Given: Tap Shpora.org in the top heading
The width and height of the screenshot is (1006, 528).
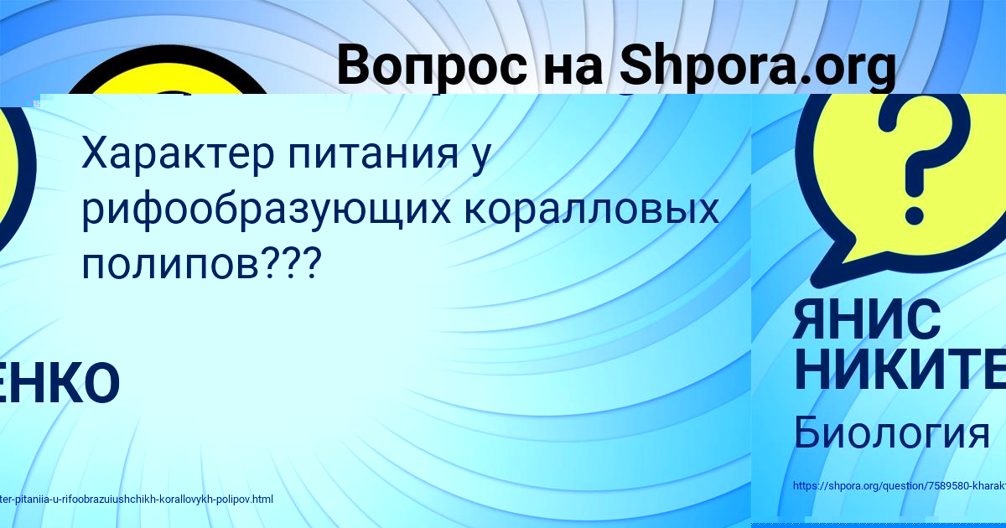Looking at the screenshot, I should [758, 67].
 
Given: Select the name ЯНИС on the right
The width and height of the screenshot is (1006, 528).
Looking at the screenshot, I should [867, 321].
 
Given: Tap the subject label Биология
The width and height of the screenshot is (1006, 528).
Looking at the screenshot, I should [891, 433].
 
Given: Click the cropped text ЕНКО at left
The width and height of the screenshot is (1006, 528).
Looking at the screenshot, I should [59, 383].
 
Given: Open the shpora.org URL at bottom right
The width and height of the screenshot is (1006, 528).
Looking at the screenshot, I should [898, 486].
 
